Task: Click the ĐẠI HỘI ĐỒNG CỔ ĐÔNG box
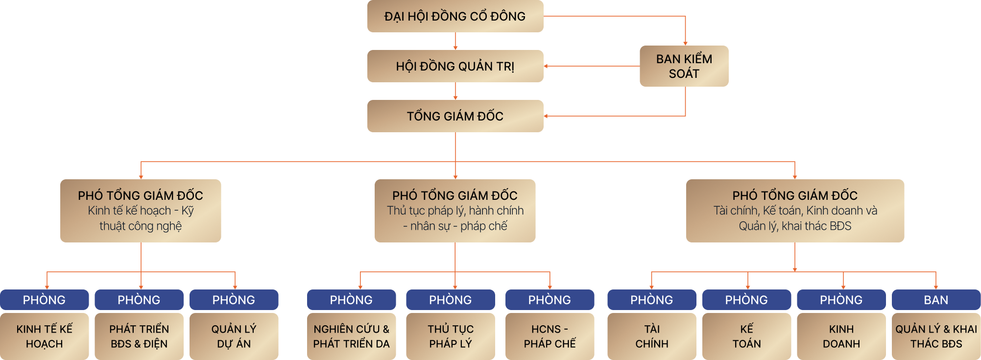pyautogui.click(x=455, y=16)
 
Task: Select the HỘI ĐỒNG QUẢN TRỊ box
pyautogui.click(x=455, y=66)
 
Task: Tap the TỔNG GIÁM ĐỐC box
pyautogui.click(x=455, y=116)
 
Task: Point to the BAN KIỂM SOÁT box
pyautogui.click(x=684, y=66)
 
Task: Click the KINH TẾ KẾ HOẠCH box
pyautogui.click(x=44, y=336)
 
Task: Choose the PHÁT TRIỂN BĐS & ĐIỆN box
pyautogui.click(x=139, y=336)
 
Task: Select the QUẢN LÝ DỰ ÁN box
pyautogui.click(x=234, y=336)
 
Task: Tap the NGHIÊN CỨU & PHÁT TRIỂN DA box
pyautogui.click(x=351, y=336)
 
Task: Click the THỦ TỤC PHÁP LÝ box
pyautogui.click(x=451, y=336)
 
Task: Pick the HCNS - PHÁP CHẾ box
pyautogui.click(x=550, y=336)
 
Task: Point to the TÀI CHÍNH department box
pyautogui.click(x=652, y=336)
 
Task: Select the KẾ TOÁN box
pyautogui.click(x=746, y=336)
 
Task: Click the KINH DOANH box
pyautogui.click(x=841, y=336)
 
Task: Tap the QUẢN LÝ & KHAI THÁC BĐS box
pyautogui.click(x=936, y=336)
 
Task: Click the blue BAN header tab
pyautogui.click(x=936, y=300)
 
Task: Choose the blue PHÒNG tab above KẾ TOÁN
pyautogui.click(x=746, y=300)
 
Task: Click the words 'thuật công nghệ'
pyautogui.click(x=141, y=226)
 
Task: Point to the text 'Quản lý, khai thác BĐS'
pyautogui.click(x=795, y=226)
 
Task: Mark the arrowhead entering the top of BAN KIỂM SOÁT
pyautogui.click(x=685, y=44)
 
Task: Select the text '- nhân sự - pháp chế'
pyautogui.click(x=455, y=226)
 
